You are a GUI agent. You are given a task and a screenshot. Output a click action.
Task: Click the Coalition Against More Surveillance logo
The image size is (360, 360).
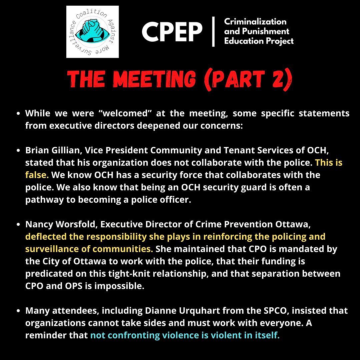pos(92,32)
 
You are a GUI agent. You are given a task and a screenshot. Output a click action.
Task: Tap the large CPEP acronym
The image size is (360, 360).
pos(172,32)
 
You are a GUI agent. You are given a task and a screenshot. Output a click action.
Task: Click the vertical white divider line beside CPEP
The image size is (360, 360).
pos(213,32)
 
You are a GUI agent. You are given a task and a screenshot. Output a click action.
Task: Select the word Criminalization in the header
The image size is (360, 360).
pos(255,22)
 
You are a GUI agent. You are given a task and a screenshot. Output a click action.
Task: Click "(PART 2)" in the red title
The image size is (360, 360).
pos(248,80)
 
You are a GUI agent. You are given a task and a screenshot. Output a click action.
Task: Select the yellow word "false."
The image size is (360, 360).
pos(37,175)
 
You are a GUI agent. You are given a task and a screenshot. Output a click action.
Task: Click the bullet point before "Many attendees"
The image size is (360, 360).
pos(19,311)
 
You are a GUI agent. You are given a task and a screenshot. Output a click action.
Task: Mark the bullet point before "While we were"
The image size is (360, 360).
pos(19,114)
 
